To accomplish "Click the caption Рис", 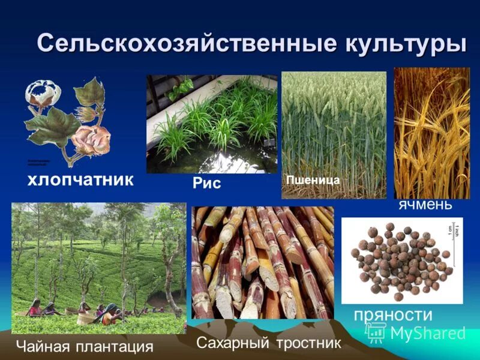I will coord(207,183).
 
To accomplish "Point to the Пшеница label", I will coord(313,179).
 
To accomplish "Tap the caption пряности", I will coord(393,314).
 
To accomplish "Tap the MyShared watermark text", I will coord(428,333).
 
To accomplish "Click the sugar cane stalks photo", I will coord(263,262).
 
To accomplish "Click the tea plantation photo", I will coord(99,267).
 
